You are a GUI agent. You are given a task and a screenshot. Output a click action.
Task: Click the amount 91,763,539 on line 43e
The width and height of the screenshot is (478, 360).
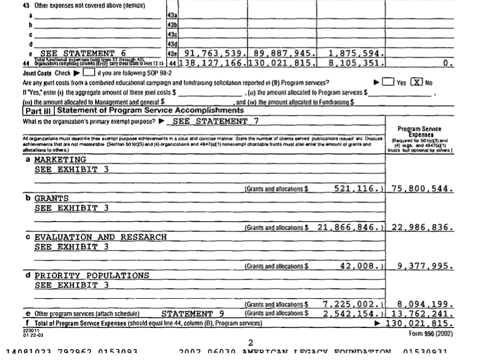214,53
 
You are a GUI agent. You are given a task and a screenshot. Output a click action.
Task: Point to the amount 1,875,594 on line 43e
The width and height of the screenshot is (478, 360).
356,53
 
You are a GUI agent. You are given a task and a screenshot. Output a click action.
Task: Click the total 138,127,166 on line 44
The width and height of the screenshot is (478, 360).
213,64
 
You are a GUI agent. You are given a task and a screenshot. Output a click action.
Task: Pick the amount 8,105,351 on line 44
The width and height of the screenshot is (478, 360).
356,64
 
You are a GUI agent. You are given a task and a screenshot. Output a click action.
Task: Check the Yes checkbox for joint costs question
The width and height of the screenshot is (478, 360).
388,83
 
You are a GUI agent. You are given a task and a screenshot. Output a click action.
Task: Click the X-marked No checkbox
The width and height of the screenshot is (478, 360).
417,83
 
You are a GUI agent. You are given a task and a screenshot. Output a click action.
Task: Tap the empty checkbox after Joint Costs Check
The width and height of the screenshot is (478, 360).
90,73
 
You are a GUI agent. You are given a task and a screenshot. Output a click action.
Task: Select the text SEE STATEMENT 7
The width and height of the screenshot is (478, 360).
215,121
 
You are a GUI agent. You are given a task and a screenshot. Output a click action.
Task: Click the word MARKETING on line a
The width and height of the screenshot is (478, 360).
60,160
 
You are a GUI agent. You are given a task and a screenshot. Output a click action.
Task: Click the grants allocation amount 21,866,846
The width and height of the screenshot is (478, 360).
350,228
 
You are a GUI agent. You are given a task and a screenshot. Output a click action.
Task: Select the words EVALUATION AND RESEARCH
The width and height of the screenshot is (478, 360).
100,237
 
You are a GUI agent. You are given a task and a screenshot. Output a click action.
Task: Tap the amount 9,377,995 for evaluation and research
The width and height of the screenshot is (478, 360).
425,266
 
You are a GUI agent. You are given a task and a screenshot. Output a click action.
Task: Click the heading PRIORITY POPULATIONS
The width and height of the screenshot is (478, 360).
92,276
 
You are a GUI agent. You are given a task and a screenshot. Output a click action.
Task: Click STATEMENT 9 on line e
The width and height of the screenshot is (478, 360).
193,314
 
